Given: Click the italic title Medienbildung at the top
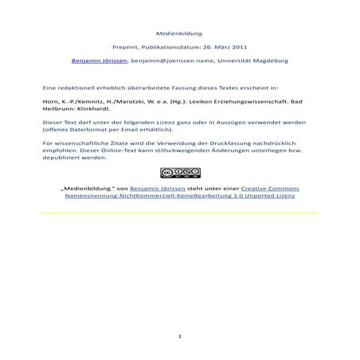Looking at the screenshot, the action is (x=179, y=33).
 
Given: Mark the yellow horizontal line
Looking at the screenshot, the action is (x=179, y=213).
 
